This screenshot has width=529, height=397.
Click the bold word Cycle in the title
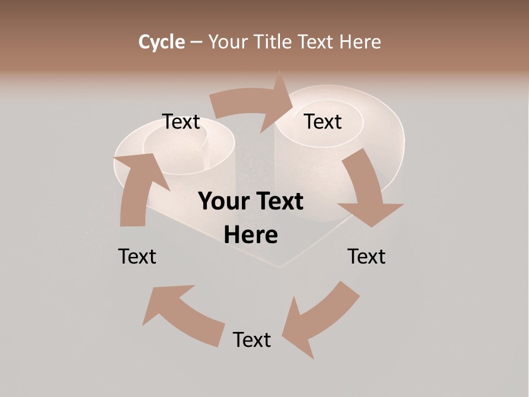click(161, 42)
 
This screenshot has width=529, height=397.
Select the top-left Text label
click(181, 122)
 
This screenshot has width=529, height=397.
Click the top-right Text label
click(323, 122)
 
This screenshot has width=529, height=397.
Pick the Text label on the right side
click(366, 256)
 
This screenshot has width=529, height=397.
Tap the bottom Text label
click(252, 340)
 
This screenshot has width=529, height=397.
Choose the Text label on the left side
click(137, 256)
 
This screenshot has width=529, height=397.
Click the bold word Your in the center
click(224, 201)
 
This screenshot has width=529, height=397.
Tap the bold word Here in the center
click(251, 235)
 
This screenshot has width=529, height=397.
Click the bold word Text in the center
click(279, 201)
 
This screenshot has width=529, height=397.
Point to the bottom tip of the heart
click(278, 267)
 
